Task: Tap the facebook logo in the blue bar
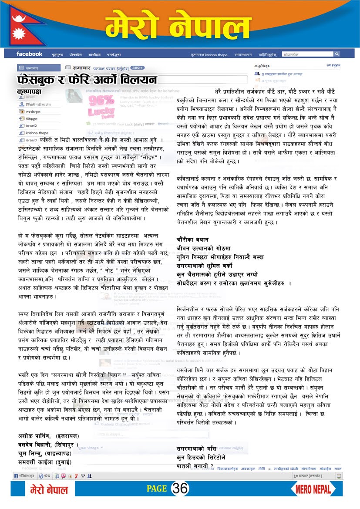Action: (x=29, y=54)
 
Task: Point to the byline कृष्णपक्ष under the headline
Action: (x=29, y=92)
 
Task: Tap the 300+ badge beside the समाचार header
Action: (x=137, y=68)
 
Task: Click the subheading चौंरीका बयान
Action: (x=192, y=239)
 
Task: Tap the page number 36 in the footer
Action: (x=180, y=489)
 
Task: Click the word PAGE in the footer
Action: (x=156, y=489)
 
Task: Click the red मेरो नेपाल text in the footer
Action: (x=49, y=489)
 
